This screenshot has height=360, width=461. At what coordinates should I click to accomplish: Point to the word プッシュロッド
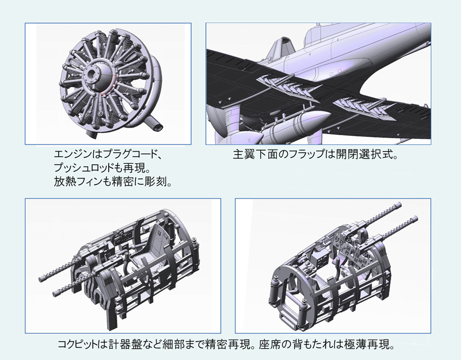(x=79, y=168)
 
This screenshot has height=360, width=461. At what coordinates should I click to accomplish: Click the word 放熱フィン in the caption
(x=74, y=182)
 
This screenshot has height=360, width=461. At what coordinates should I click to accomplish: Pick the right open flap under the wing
(x=365, y=109)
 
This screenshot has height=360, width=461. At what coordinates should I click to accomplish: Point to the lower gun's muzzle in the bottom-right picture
(x=414, y=219)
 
